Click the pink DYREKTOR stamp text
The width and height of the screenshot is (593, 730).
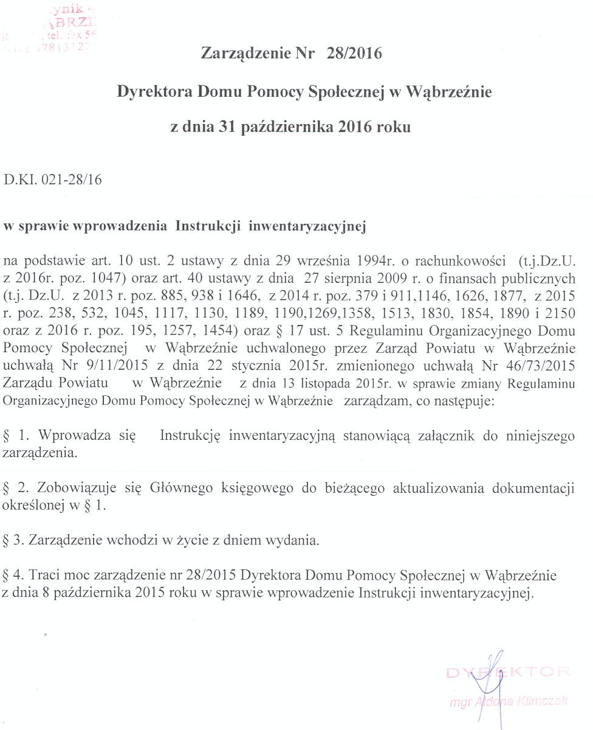[x=508, y=673]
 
